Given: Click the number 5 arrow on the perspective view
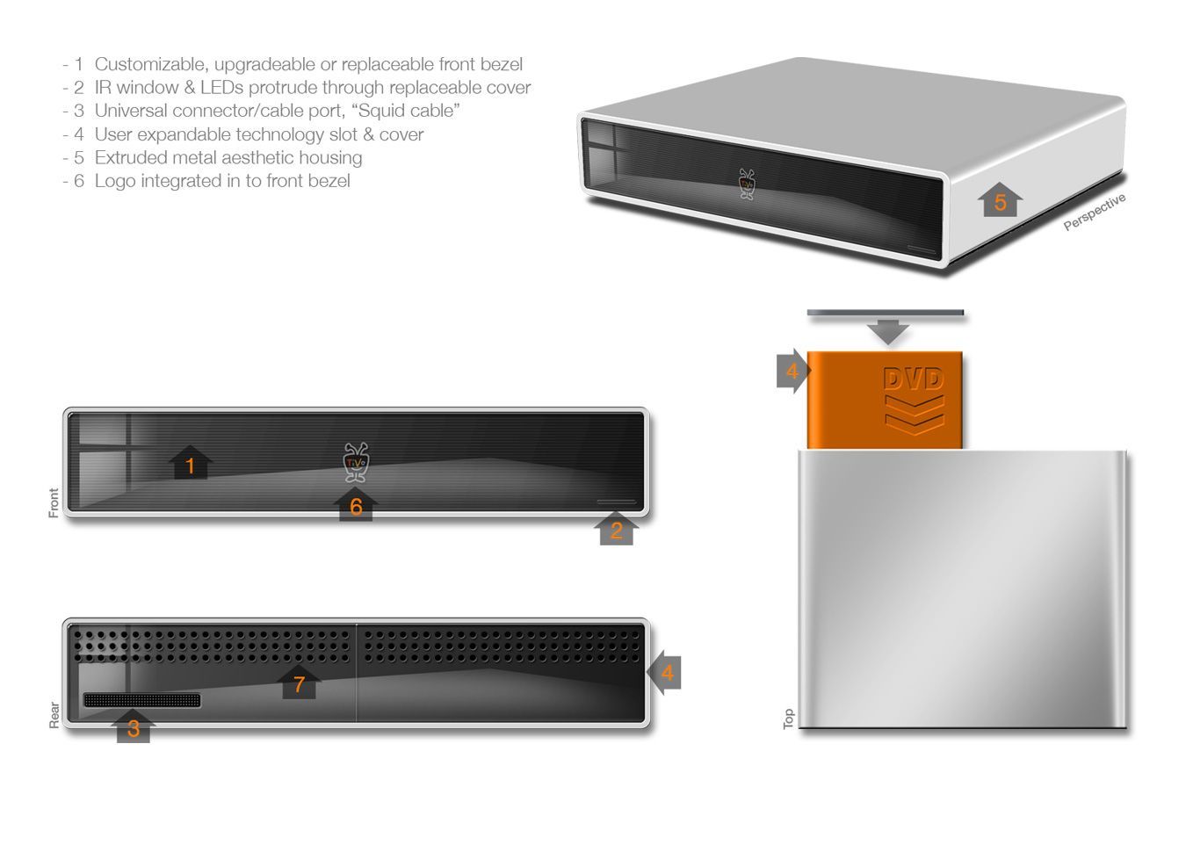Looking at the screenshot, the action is pyautogui.click(x=1000, y=201).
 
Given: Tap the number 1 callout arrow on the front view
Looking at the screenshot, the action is pyautogui.click(x=190, y=464).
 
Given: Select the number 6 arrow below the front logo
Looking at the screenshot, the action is pyautogui.click(x=356, y=505).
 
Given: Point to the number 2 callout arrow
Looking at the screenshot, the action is pyautogui.click(x=616, y=529).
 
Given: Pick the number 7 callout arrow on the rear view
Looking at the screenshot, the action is pyautogui.click(x=300, y=682).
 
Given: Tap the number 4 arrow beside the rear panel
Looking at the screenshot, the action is pyautogui.click(x=665, y=673).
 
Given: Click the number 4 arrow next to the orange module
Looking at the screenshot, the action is pyautogui.click(x=792, y=372).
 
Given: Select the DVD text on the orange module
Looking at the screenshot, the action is pyautogui.click(x=914, y=379).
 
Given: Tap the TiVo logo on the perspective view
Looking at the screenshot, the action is pyautogui.click(x=747, y=184).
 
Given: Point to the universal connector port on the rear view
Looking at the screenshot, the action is pyautogui.click(x=141, y=700).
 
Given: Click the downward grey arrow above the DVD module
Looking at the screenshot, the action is pyautogui.click(x=888, y=332).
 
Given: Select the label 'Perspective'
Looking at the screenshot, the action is pyautogui.click(x=1094, y=213).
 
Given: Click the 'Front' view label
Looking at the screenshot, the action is pyautogui.click(x=54, y=502).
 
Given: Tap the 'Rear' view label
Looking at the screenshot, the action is pyautogui.click(x=54, y=714).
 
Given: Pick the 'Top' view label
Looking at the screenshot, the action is pyautogui.click(x=788, y=719).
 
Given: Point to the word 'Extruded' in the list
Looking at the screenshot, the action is pyautogui.click(x=131, y=158).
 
